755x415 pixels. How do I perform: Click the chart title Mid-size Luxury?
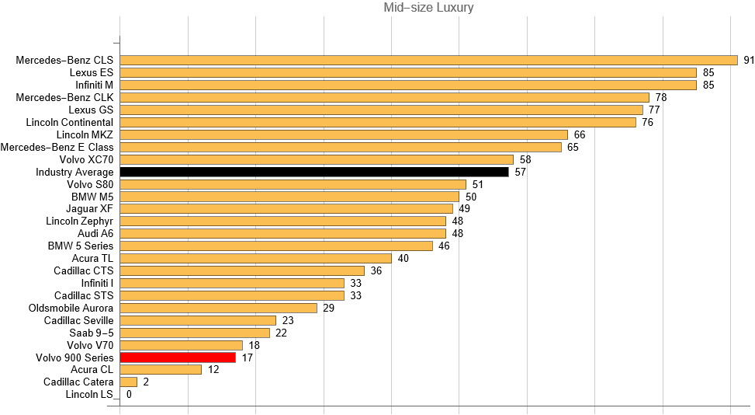[x=429, y=8]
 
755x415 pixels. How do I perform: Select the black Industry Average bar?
[x=314, y=172]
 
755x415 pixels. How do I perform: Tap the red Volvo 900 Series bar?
[x=178, y=357]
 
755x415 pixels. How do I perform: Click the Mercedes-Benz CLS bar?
[x=428, y=60]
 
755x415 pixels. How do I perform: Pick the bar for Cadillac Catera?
[x=129, y=382]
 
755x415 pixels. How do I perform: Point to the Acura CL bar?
[x=161, y=370]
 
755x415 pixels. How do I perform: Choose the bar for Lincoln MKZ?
[x=344, y=134]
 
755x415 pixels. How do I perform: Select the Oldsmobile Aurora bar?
[x=219, y=308]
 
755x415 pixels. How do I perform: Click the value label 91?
[x=749, y=60]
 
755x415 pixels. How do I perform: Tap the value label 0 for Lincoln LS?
[x=129, y=395]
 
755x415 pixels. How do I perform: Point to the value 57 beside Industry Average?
[x=520, y=172]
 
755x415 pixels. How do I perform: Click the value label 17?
[x=248, y=357]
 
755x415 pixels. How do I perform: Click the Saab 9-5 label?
[x=91, y=333]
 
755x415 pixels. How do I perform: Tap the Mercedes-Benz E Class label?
[x=57, y=147]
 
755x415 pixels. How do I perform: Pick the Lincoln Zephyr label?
[x=80, y=221]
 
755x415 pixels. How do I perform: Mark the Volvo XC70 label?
[x=87, y=159]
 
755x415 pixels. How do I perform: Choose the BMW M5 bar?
[x=289, y=197]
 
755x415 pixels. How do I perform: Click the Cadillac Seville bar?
[x=198, y=320]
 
